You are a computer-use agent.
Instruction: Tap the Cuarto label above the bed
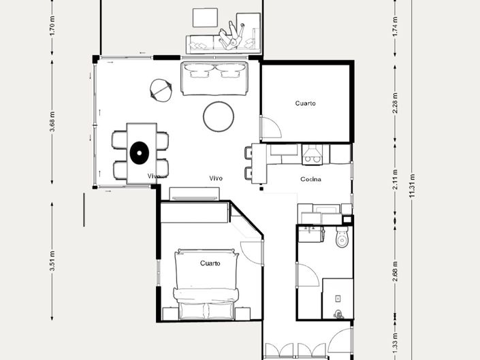pos(210,263)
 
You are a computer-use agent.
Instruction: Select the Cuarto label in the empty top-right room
pos(305,103)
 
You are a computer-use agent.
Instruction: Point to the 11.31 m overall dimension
pos(411,186)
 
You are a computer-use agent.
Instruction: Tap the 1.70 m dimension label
pos(52,26)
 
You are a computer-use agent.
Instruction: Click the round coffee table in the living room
pos(219,116)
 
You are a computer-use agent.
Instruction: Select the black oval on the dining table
pos(139,152)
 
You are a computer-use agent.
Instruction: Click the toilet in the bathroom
pos(342,238)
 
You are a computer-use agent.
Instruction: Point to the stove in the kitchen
pos(313,155)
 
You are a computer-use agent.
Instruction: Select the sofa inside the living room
pos(214,78)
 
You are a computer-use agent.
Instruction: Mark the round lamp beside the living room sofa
pos(161,90)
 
